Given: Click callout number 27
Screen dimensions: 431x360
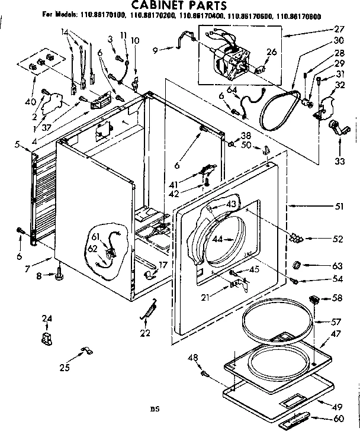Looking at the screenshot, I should (x=339, y=28).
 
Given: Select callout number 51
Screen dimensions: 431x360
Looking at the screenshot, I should (x=339, y=207).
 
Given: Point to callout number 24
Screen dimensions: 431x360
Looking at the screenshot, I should (x=47, y=320).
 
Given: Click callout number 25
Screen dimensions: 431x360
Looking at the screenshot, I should (x=65, y=368).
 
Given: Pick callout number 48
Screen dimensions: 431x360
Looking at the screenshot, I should (x=192, y=357).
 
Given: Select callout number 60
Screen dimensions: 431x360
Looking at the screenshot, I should (x=339, y=418).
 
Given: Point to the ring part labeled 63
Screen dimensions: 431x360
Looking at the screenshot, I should (x=299, y=264).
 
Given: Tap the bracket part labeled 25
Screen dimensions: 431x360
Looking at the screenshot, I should (x=83, y=353).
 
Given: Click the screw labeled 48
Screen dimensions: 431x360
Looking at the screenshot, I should (x=205, y=374).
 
